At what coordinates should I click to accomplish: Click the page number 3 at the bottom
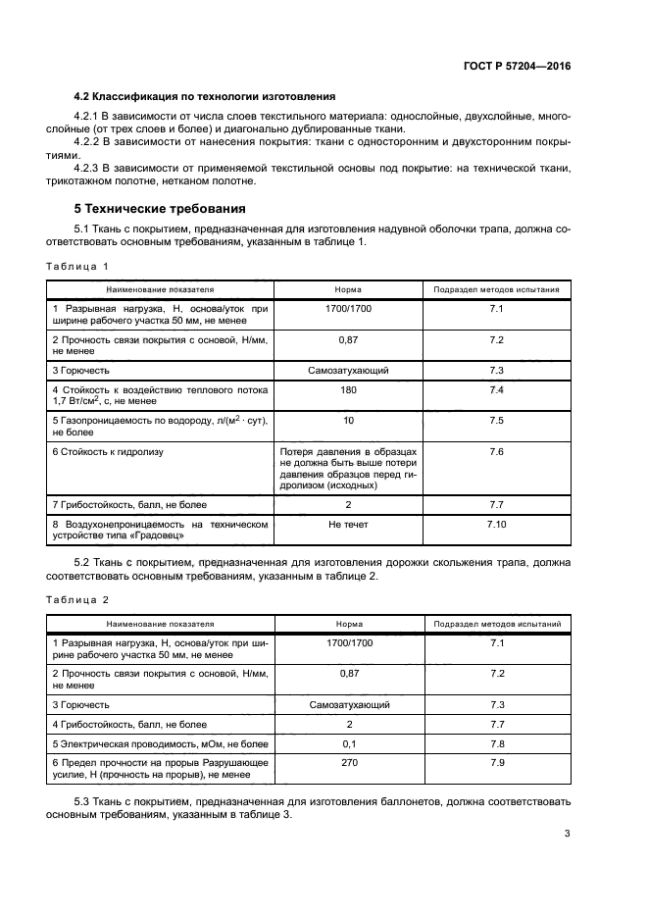[567, 835]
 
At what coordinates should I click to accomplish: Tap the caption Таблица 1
[77, 266]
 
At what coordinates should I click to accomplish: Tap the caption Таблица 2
[77, 598]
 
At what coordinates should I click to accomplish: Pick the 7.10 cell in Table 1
[495, 526]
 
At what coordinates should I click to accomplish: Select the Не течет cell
[348, 526]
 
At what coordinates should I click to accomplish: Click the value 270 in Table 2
[348, 761]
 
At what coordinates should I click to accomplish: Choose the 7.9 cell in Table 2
[495, 761]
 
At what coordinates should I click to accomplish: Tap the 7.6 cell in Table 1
[495, 451]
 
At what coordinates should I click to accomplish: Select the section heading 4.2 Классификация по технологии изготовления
[205, 96]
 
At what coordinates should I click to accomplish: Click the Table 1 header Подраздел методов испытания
[496, 290]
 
